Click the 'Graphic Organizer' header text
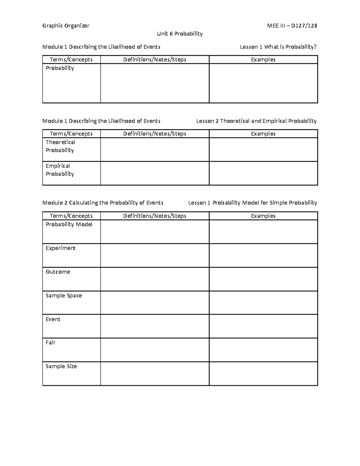click(66, 26)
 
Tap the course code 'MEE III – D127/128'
click(292, 26)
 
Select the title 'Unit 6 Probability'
click(180, 34)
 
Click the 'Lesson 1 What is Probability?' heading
click(278, 47)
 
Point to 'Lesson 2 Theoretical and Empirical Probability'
click(256, 121)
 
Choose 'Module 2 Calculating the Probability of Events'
click(103, 203)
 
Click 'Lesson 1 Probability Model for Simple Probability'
click(252, 203)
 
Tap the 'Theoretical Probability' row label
click(60, 146)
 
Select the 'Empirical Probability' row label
click(59, 170)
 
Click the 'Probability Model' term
click(69, 224)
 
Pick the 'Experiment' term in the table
click(60, 248)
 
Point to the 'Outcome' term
click(58, 272)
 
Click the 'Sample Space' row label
click(64, 296)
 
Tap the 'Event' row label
click(53, 319)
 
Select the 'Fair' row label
click(50, 343)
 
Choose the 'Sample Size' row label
click(61, 366)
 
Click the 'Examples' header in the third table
click(263, 216)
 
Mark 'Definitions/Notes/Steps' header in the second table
click(154, 134)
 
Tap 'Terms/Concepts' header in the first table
click(71, 60)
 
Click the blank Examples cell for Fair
click(263, 350)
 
